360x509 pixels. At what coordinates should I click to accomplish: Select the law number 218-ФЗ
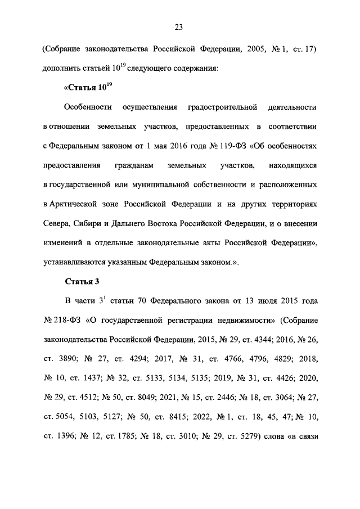67,321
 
